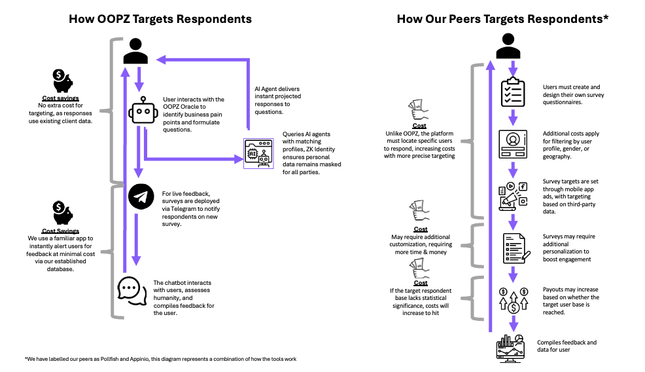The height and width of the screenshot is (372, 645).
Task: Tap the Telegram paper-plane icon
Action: (141, 197)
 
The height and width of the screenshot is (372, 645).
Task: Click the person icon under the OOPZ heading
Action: (135, 51)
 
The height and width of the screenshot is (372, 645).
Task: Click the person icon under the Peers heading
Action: (508, 46)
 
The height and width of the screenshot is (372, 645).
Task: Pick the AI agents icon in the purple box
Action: (256, 153)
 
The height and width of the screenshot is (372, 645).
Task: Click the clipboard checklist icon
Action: (514, 93)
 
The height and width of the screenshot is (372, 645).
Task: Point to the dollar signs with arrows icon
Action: (514, 299)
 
